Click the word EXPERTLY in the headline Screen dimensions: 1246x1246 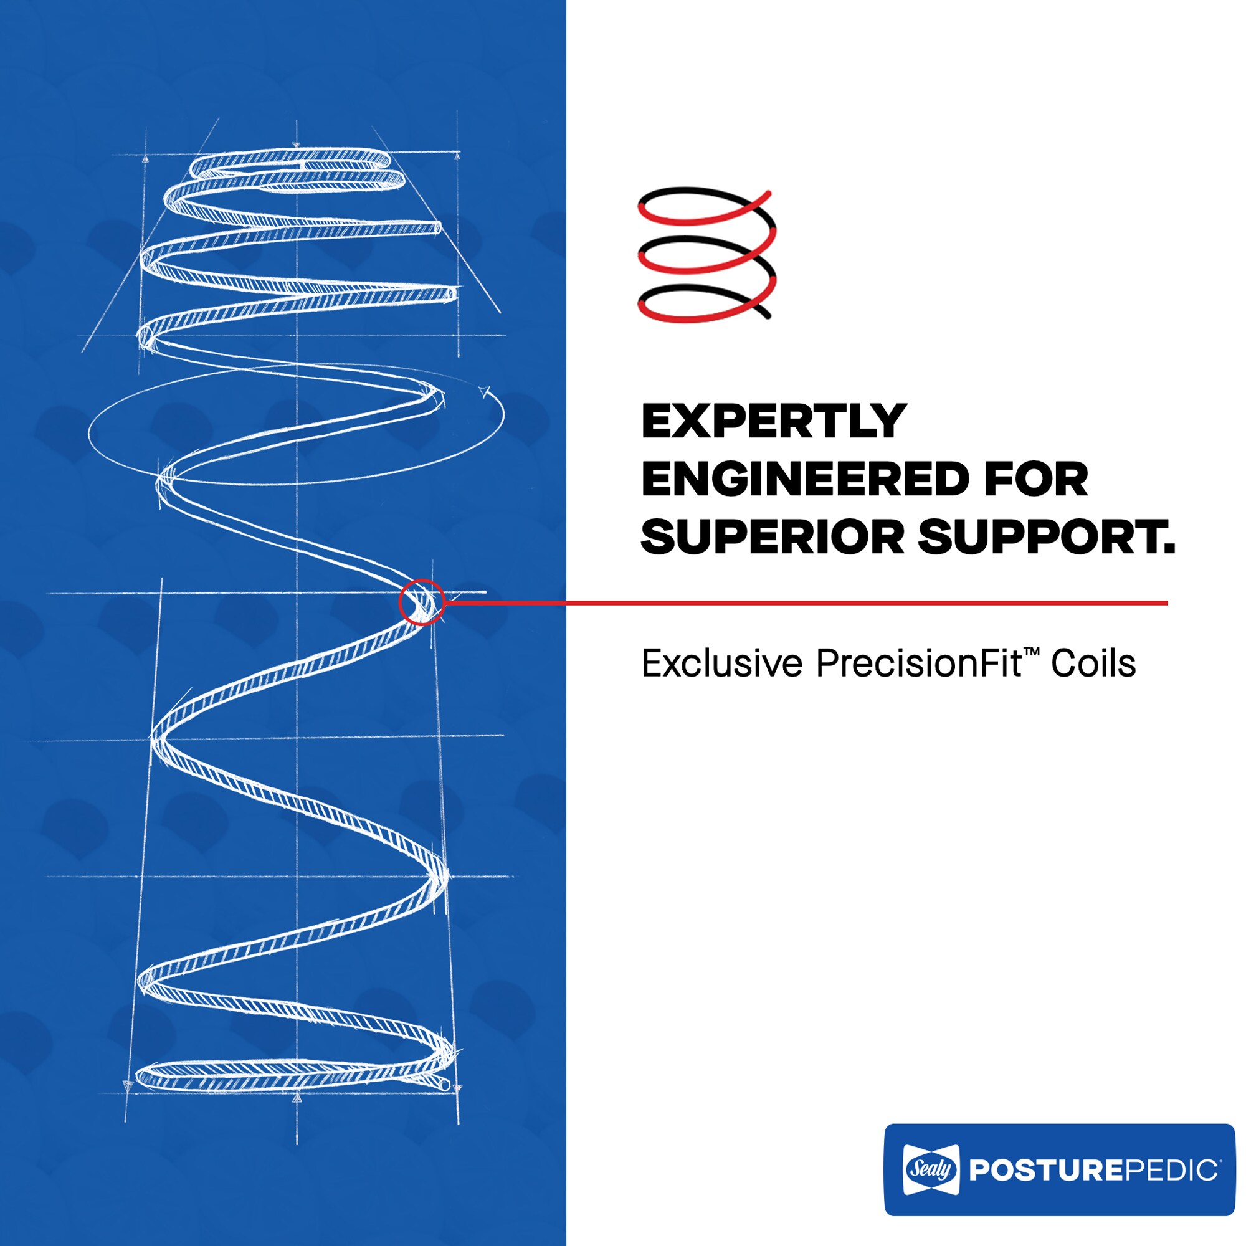coord(774,422)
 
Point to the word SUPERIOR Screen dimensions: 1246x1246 coord(773,536)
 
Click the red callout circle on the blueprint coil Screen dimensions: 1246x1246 coord(422,602)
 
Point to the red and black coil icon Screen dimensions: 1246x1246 coord(707,255)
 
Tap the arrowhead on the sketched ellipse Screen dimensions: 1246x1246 coord(484,391)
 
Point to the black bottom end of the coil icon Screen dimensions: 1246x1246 coord(766,315)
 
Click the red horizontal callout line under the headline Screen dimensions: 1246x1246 coord(806,603)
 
